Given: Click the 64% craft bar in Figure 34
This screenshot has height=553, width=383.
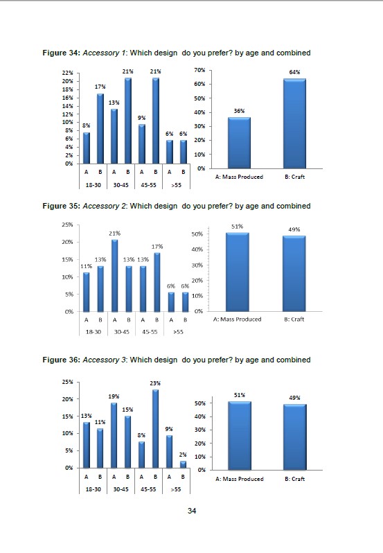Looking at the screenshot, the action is [294, 123].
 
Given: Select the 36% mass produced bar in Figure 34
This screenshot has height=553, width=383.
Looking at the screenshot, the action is [239, 143].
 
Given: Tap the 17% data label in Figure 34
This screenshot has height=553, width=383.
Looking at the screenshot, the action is [100, 87].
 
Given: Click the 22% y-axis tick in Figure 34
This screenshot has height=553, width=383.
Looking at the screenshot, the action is [68, 73].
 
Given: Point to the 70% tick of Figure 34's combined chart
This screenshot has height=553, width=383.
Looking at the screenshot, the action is [199, 70].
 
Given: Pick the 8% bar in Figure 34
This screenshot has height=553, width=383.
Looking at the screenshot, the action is [87, 148].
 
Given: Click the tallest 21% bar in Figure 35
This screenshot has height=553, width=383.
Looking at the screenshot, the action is [114, 276].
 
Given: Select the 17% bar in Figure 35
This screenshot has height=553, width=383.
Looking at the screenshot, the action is [157, 282].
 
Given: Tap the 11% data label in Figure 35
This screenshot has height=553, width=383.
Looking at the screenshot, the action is [87, 266].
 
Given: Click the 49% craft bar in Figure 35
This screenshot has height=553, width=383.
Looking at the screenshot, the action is [294, 274].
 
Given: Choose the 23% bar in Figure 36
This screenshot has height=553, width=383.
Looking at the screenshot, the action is [155, 428].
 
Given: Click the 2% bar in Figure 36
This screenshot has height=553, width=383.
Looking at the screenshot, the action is [184, 464].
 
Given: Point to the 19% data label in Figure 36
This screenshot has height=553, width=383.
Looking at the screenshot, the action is [114, 396].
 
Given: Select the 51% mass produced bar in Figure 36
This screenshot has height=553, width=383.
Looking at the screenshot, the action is [240, 436].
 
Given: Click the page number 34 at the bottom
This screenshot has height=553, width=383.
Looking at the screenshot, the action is [192, 511].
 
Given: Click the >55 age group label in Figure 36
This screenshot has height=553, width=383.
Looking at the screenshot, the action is [176, 489].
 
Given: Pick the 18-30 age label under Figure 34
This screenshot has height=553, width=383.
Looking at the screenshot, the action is [93, 185].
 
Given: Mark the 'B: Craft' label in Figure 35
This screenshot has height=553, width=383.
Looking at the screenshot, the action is [294, 319].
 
